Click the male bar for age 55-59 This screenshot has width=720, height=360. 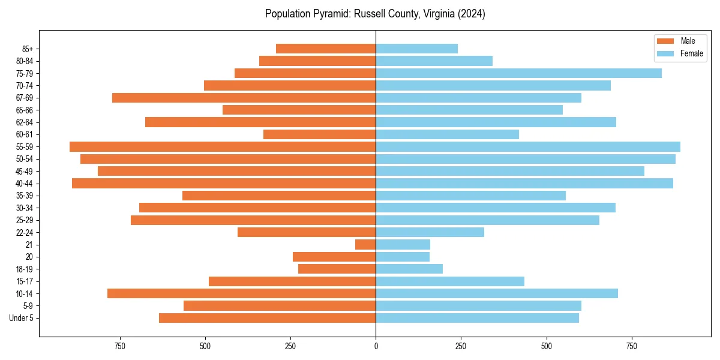coord(223,146)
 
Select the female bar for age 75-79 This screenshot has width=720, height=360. coord(518,73)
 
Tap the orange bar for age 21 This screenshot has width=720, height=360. coord(365,245)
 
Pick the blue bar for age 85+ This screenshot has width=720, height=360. coord(416,49)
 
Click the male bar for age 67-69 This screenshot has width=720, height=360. coord(244,98)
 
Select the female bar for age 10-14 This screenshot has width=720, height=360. coord(497,293)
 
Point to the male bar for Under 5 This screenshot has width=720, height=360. coord(267,318)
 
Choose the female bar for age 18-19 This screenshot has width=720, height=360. coord(409,269)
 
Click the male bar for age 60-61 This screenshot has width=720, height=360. coord(319,134)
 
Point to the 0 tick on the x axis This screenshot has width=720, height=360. coord(376,346)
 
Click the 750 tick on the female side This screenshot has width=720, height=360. coord(632,346)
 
